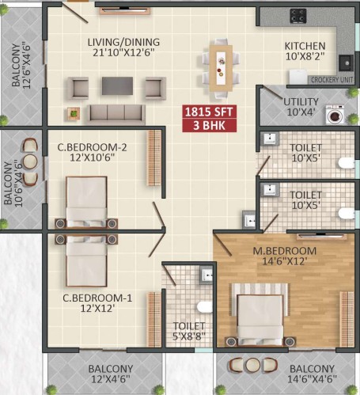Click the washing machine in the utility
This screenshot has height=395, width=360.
pyautogui.click(x=335, y=115)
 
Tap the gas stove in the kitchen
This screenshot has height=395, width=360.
pyautogui.click(x=298, y=16)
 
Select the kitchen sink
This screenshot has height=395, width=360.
pyautogui.click(x=346, y=63)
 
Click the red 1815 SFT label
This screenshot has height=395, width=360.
pyautogui.click(x=209, y=112)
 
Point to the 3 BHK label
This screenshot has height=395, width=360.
pyautogui.click(x=209, y=125)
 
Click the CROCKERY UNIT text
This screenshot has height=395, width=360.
pyautogui.click(x=332, y=80)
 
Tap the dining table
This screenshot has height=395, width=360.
pyautogui.click(x=221, y=68)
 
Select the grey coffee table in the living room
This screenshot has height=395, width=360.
pyautogui.click(x=117, y=85)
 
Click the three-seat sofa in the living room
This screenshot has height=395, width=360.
pyautogui.click(x=116, y=114)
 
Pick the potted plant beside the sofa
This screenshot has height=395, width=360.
pyautogui.click(x=74, y=114)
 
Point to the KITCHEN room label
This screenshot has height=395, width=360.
pyautogui.click(x=305, y=46)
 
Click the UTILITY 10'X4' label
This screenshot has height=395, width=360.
pyautogui.click(x=301, y=107)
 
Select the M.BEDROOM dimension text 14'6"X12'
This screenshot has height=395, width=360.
pyautogui.click(x=285, y=261)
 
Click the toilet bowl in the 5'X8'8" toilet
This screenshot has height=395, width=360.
pyautogui.click(x=205, y=307)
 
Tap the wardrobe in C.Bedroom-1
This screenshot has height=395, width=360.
pyautogui.click(x=154, y=320)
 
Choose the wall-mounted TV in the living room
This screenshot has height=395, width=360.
pyautogui.click(x=125, y=11)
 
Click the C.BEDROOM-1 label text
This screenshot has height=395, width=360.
pyautogui.click(x=97, y=298)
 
